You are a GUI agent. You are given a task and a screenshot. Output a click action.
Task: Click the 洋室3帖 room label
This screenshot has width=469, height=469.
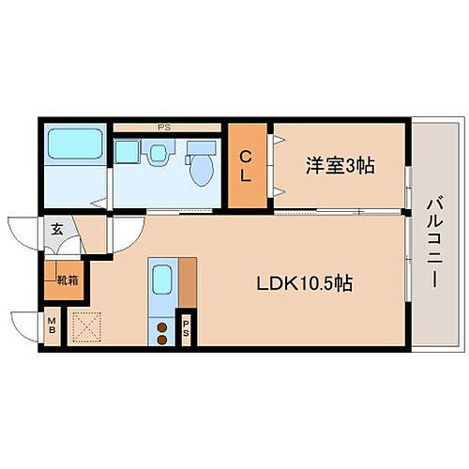(340, 166)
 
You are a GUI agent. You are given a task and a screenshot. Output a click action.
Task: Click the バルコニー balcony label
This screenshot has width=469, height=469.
(434, 229)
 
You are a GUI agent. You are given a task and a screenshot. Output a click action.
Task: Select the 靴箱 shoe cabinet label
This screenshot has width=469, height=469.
(67, 279)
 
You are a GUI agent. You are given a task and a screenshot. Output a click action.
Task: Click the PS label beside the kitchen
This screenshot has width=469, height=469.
(188, 329)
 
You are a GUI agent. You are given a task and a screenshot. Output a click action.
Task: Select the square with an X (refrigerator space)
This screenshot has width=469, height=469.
(88, 326)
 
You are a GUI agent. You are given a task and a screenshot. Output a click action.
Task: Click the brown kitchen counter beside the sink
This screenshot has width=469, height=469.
(188, 281)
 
